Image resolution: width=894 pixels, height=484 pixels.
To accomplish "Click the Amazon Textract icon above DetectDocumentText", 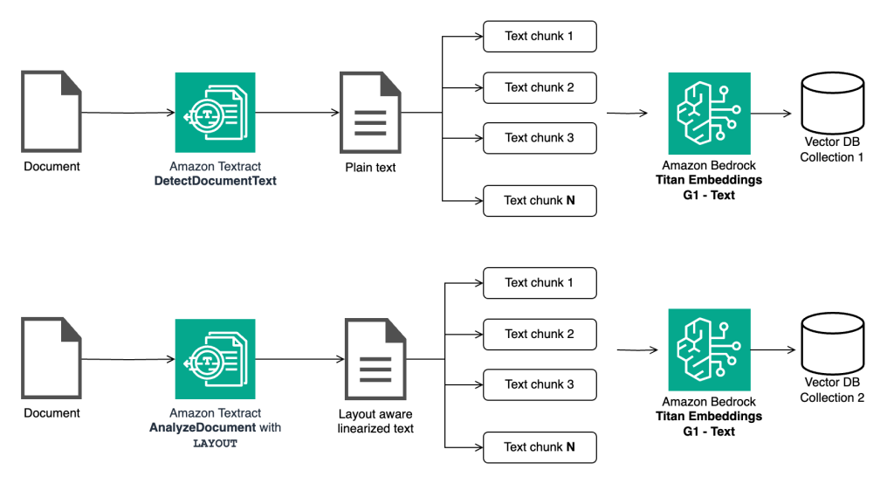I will pyautogui.click(x=215, y=113).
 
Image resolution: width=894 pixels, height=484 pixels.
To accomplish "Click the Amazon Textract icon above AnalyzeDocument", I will pyautogui.click(x=215, y=359).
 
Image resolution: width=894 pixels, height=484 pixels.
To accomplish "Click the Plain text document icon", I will pyautogui.click(x=371, y=113).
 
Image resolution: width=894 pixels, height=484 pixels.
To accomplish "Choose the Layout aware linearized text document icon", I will pyautogui.click(x=376, y=359).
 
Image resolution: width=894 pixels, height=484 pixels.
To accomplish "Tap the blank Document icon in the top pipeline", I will pyautogui.click(x=52, y=113).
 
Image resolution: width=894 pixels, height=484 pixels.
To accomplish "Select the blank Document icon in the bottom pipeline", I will pyautogui.click(x=52, y=359).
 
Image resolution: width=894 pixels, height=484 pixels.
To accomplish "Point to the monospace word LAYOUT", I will pyautogui.click(x=215, y=443).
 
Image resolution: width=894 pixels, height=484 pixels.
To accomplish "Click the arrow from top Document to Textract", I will pyautogui.click(x=127, y=113).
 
